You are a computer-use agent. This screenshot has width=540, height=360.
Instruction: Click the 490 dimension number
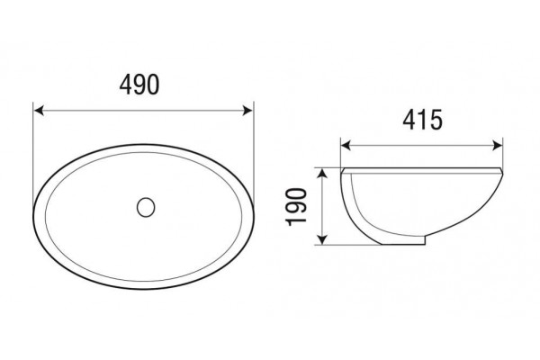(139, 85)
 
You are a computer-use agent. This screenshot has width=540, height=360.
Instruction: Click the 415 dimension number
(422, 120)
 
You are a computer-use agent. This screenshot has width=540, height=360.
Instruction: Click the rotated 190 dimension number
(296, 207)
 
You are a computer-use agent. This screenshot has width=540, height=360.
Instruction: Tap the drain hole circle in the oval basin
(146, 207)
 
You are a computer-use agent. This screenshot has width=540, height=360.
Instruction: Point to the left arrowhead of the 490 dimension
(39, 111)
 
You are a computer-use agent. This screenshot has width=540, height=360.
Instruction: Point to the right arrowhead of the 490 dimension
(247, 111)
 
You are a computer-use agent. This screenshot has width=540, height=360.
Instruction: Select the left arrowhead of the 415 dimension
(346, 146)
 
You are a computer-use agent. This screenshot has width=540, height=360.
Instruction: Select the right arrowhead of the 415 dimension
(498, 146)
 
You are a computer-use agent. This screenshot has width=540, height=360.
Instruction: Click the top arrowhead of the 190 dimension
(321, 174)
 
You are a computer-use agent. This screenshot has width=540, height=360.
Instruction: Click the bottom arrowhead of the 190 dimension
(321, 239)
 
